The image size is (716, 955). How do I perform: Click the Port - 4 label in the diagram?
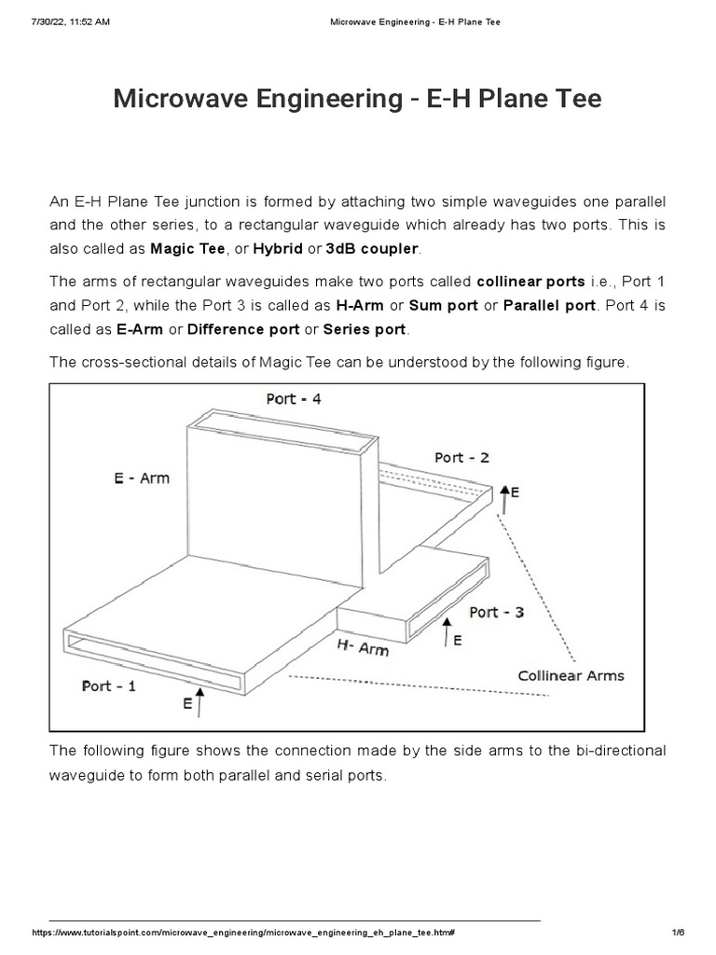[294, 399]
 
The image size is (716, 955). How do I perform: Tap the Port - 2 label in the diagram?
[461, 457]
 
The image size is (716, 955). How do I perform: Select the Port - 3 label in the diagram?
[496, 612]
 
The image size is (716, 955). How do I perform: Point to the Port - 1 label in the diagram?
[108, 685]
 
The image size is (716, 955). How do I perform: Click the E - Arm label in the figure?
[141, 477]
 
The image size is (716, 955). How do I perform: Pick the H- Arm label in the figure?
[362, 646]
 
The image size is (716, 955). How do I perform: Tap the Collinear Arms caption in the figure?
[571, 675]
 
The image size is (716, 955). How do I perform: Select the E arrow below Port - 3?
[447, 634]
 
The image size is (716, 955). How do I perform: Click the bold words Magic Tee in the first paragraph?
[187, 249]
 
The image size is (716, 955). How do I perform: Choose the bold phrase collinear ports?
[530, 282]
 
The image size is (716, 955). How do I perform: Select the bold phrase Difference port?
[243, 329]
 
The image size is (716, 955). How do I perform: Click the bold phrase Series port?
[365, 329]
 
